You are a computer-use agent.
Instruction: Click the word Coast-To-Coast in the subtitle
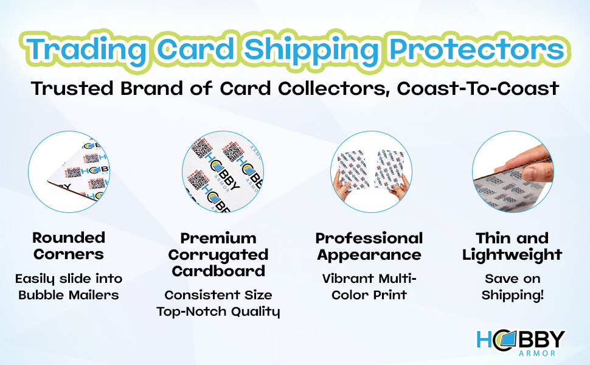pyautogui.click(x=477, y=89)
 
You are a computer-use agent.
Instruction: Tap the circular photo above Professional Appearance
pyautogui.click(x=371, y=172)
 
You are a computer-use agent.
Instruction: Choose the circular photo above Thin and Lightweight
pyautogui.click(x=513, y=172)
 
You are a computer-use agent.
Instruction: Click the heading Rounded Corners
pyautogui.click(x=69, y=246)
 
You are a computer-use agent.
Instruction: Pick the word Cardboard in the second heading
pyautogui.click(x=218, y=271)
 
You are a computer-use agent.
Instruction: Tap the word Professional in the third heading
pyautogui.click(x=369, y=238)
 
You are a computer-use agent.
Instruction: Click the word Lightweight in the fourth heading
pyautogui.click(x=512, y=254)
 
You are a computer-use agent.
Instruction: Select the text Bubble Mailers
pyautogui.click(x=69, y=296)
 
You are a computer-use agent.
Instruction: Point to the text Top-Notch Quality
pyautogui.click(x=218, y=312)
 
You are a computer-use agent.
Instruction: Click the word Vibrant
pyautogui.click(x=349, y=279)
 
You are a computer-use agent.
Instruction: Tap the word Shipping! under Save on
pyautogui.click(x=513, y=296)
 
